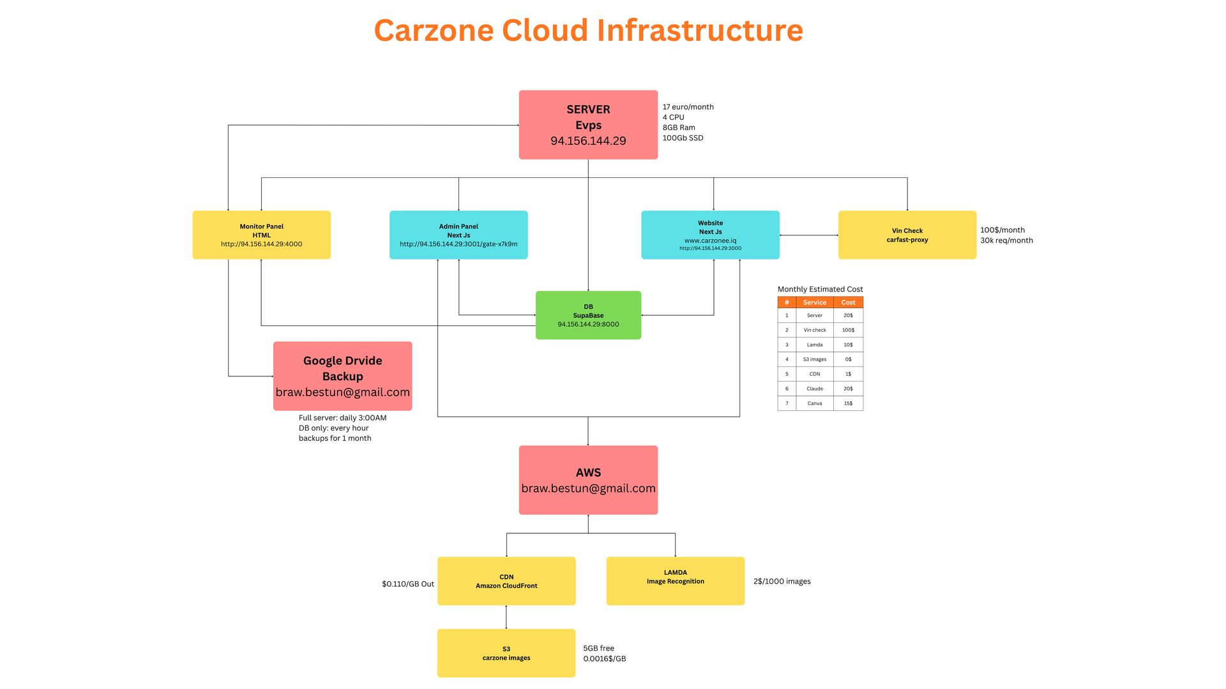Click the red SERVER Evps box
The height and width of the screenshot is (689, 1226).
coord(588,124)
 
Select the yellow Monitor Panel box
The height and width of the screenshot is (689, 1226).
coord(261,235)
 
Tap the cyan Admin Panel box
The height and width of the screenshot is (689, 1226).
coord(458,235)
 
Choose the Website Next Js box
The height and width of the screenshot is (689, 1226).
coord(710,235)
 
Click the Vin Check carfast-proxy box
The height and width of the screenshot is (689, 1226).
coord(907,235)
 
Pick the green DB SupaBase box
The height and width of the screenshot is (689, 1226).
coord(588,315)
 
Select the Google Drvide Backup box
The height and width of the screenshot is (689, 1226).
coord(342,376)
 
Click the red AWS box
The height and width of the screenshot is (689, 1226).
coord(588,480)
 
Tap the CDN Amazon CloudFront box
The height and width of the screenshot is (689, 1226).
coord(506,581)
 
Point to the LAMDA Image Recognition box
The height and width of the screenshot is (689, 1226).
coord(675,581)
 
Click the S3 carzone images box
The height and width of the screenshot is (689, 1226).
coord(506,653)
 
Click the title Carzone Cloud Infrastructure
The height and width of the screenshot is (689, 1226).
coord(588,30)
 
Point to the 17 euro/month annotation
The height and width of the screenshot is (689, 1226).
coord(688,107)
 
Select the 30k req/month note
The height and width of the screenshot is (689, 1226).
coord(1006,241)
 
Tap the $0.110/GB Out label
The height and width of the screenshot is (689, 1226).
coord(408,584)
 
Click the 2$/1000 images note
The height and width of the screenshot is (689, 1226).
coord(782,581)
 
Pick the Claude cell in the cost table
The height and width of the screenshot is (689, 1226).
coord(814,389)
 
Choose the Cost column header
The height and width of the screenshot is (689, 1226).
coord(848,302)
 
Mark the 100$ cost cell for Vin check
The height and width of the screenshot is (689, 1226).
coord(848,330)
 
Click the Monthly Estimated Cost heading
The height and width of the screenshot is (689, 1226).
coord(820,289)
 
